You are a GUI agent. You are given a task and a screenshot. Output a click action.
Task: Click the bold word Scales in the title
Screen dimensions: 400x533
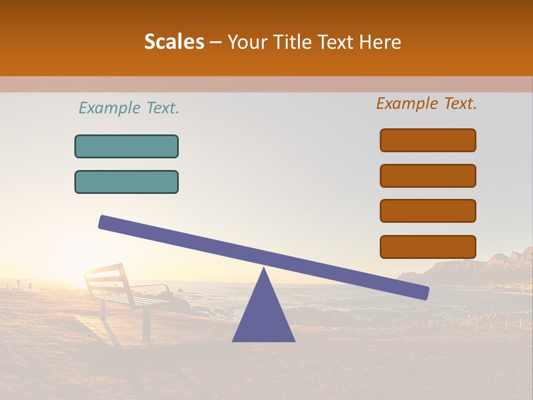[174, 42]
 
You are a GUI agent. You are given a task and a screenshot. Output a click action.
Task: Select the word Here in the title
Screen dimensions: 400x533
[380, 42]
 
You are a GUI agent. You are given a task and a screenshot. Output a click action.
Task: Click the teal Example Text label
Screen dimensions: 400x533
[129, 108]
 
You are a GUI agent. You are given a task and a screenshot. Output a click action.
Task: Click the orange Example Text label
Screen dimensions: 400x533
[426, 103]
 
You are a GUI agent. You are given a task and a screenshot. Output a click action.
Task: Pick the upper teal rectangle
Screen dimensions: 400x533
[127, 146]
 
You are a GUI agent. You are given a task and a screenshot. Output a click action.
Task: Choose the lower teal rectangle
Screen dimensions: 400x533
[127, 182]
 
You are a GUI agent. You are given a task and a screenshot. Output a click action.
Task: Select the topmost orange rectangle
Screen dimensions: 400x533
[428, 140]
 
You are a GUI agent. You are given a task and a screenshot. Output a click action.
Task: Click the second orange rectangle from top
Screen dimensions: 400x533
[428, 176]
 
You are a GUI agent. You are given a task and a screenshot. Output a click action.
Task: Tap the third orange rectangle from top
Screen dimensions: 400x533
[428, 211]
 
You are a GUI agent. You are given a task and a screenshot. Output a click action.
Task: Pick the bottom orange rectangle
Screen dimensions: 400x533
[428, 247]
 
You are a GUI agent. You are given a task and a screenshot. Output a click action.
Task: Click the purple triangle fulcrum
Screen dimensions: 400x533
[263, 317]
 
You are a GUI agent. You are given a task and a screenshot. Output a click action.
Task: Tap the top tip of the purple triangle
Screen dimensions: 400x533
[264, 269]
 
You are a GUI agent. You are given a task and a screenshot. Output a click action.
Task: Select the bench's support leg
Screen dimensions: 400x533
[146, 325]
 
